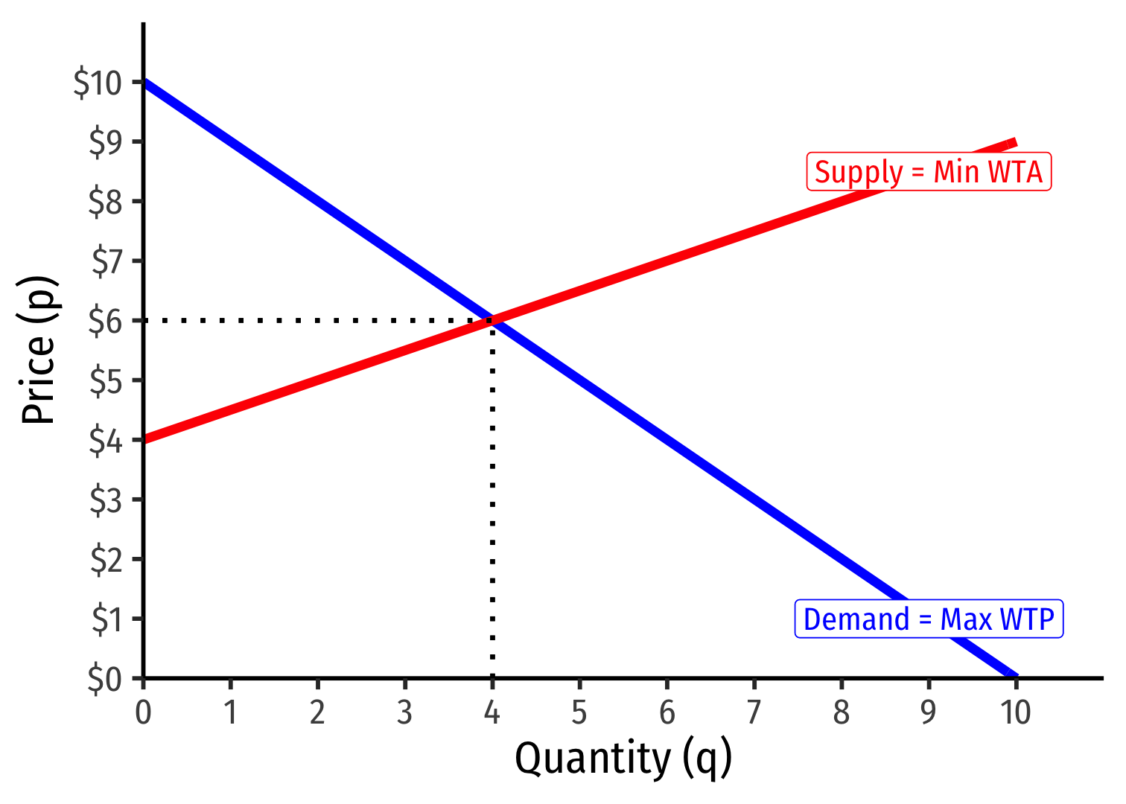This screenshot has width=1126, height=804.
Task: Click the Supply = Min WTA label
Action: [929, 172]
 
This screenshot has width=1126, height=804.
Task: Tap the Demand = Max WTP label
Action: [929, 619]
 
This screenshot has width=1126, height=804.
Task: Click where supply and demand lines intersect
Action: [492, 320]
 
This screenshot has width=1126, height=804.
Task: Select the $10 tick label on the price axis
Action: [98, 83]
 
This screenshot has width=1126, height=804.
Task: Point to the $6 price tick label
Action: [105, 321]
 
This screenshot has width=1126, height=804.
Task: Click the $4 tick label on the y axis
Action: [105, 441]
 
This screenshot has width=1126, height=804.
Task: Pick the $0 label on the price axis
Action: [105, 679]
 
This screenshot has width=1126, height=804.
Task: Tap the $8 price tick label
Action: [105, 202]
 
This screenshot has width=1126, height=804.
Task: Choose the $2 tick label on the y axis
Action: [105, 560]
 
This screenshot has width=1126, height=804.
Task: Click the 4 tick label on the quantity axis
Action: [492, 712]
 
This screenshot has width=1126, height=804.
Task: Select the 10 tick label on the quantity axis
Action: [1015, 712]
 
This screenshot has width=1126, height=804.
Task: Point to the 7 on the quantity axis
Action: [754, 712]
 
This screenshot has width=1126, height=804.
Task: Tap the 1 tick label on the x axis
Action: [230, 712]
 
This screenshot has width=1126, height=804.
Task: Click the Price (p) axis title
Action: [39, 350]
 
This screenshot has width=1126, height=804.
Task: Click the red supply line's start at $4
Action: [145, 439]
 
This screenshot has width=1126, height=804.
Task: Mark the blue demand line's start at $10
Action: [145, 82]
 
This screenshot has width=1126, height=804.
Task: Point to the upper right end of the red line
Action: [1014, 142]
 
